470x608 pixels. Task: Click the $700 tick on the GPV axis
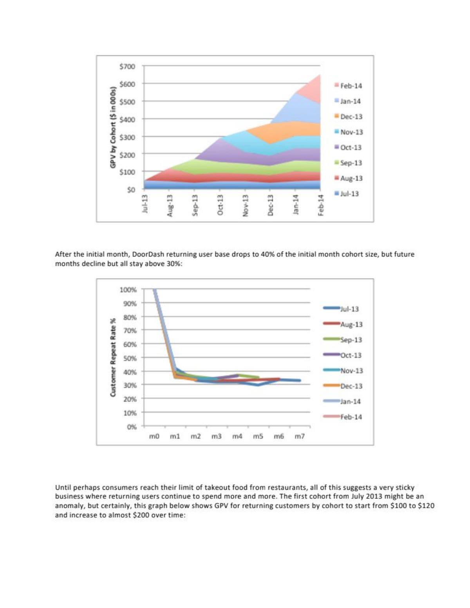pyautogui.click(x=127, y=67)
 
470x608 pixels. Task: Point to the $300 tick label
pyautogui.click(x=127, y=137)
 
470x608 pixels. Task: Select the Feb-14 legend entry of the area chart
pyautogui.click(x=348, y=86)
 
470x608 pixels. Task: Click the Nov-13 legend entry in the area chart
pyautogui.click(x=349, y=132)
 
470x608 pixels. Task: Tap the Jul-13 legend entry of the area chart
pyautogui.click(x=346, y=194)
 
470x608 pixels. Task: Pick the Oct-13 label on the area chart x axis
pyautogui.click(x=220, y=206)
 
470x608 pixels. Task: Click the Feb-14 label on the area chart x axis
pyautogui.click(x=321, y=206)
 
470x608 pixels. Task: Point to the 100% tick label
pyautogui.click(x=128, y=290)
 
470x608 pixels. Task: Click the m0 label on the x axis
pyautogui.click(x=154, y=436)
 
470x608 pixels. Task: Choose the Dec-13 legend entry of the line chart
pyautogui.click(x=343, y=386)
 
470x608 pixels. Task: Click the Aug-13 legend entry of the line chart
pyautogui.click(x=343, y=325)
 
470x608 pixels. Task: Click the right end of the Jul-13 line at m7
pyautogui.click(x=300, y=381)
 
